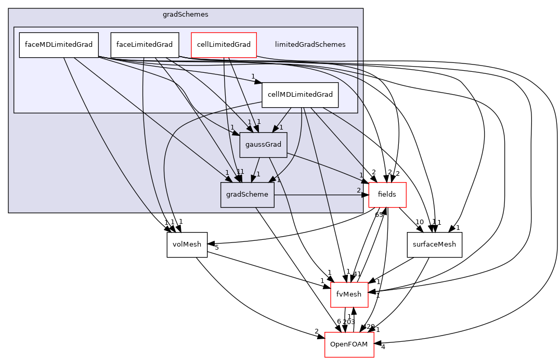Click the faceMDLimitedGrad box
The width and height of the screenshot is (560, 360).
pos(59,45)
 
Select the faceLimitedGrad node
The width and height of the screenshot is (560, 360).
pos(145,45)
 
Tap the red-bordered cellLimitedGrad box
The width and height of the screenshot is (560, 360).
pos(224,45)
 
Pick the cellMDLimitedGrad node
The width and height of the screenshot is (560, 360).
pos(300,95)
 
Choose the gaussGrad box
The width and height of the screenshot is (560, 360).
pos(263,145)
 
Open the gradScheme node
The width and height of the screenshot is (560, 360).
pos(247,195)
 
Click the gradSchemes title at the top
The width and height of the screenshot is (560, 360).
pos(185,15)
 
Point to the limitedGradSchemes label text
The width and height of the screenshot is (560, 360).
pos(310,45)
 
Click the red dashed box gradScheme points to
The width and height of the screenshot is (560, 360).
pos(387,195)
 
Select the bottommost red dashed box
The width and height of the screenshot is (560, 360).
pos(349,344)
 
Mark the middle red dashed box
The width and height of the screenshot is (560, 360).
pos(349,295)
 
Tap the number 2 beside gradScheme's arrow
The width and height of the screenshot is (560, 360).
pos(358,190)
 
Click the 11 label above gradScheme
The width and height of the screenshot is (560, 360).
pos(240,172)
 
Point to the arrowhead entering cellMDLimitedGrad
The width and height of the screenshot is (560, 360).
pos(258,82)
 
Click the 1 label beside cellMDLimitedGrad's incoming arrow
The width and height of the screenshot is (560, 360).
pos(253,76)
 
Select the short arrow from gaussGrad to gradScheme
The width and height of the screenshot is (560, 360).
pos(255,170)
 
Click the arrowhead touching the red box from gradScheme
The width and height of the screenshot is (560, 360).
pos(365,195)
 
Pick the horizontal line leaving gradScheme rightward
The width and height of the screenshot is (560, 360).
pos(317,195)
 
